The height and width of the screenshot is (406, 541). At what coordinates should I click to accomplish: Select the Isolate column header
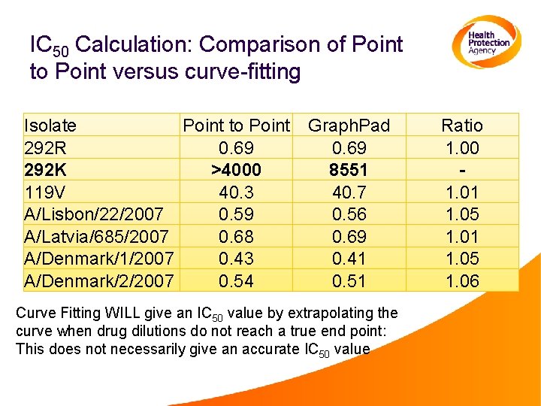[x=50, y=126]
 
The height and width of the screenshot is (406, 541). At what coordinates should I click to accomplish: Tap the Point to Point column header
[x=236, y=126]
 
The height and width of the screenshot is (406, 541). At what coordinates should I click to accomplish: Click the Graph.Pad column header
[x=349, y=126]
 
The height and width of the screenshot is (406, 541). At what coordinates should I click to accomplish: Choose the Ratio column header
[x=461, y=126]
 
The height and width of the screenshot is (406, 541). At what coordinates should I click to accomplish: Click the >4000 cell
[x=236, y=170]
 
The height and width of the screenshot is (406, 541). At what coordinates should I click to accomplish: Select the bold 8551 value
[x=349, y=170]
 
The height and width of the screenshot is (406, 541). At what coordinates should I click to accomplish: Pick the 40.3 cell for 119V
[x=236, y=192]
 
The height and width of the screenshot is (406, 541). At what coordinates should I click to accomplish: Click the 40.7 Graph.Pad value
[x=349, y=192]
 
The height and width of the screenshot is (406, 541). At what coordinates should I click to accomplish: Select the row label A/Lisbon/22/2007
[x=93, y=214]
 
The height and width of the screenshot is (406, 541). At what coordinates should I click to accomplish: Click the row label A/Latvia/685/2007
[x=96, y=237]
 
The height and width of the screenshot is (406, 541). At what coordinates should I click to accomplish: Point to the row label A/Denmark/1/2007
[x=99, y=259]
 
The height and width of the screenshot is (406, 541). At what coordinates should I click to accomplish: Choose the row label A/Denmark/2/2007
[x=99, y=281]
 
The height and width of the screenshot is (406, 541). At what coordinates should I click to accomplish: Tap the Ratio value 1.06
[x=461, y=281]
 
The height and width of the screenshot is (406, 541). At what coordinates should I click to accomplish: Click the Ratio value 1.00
[x=461, y=148]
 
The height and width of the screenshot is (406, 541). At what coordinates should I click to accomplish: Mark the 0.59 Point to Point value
[x=236, y=214]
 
